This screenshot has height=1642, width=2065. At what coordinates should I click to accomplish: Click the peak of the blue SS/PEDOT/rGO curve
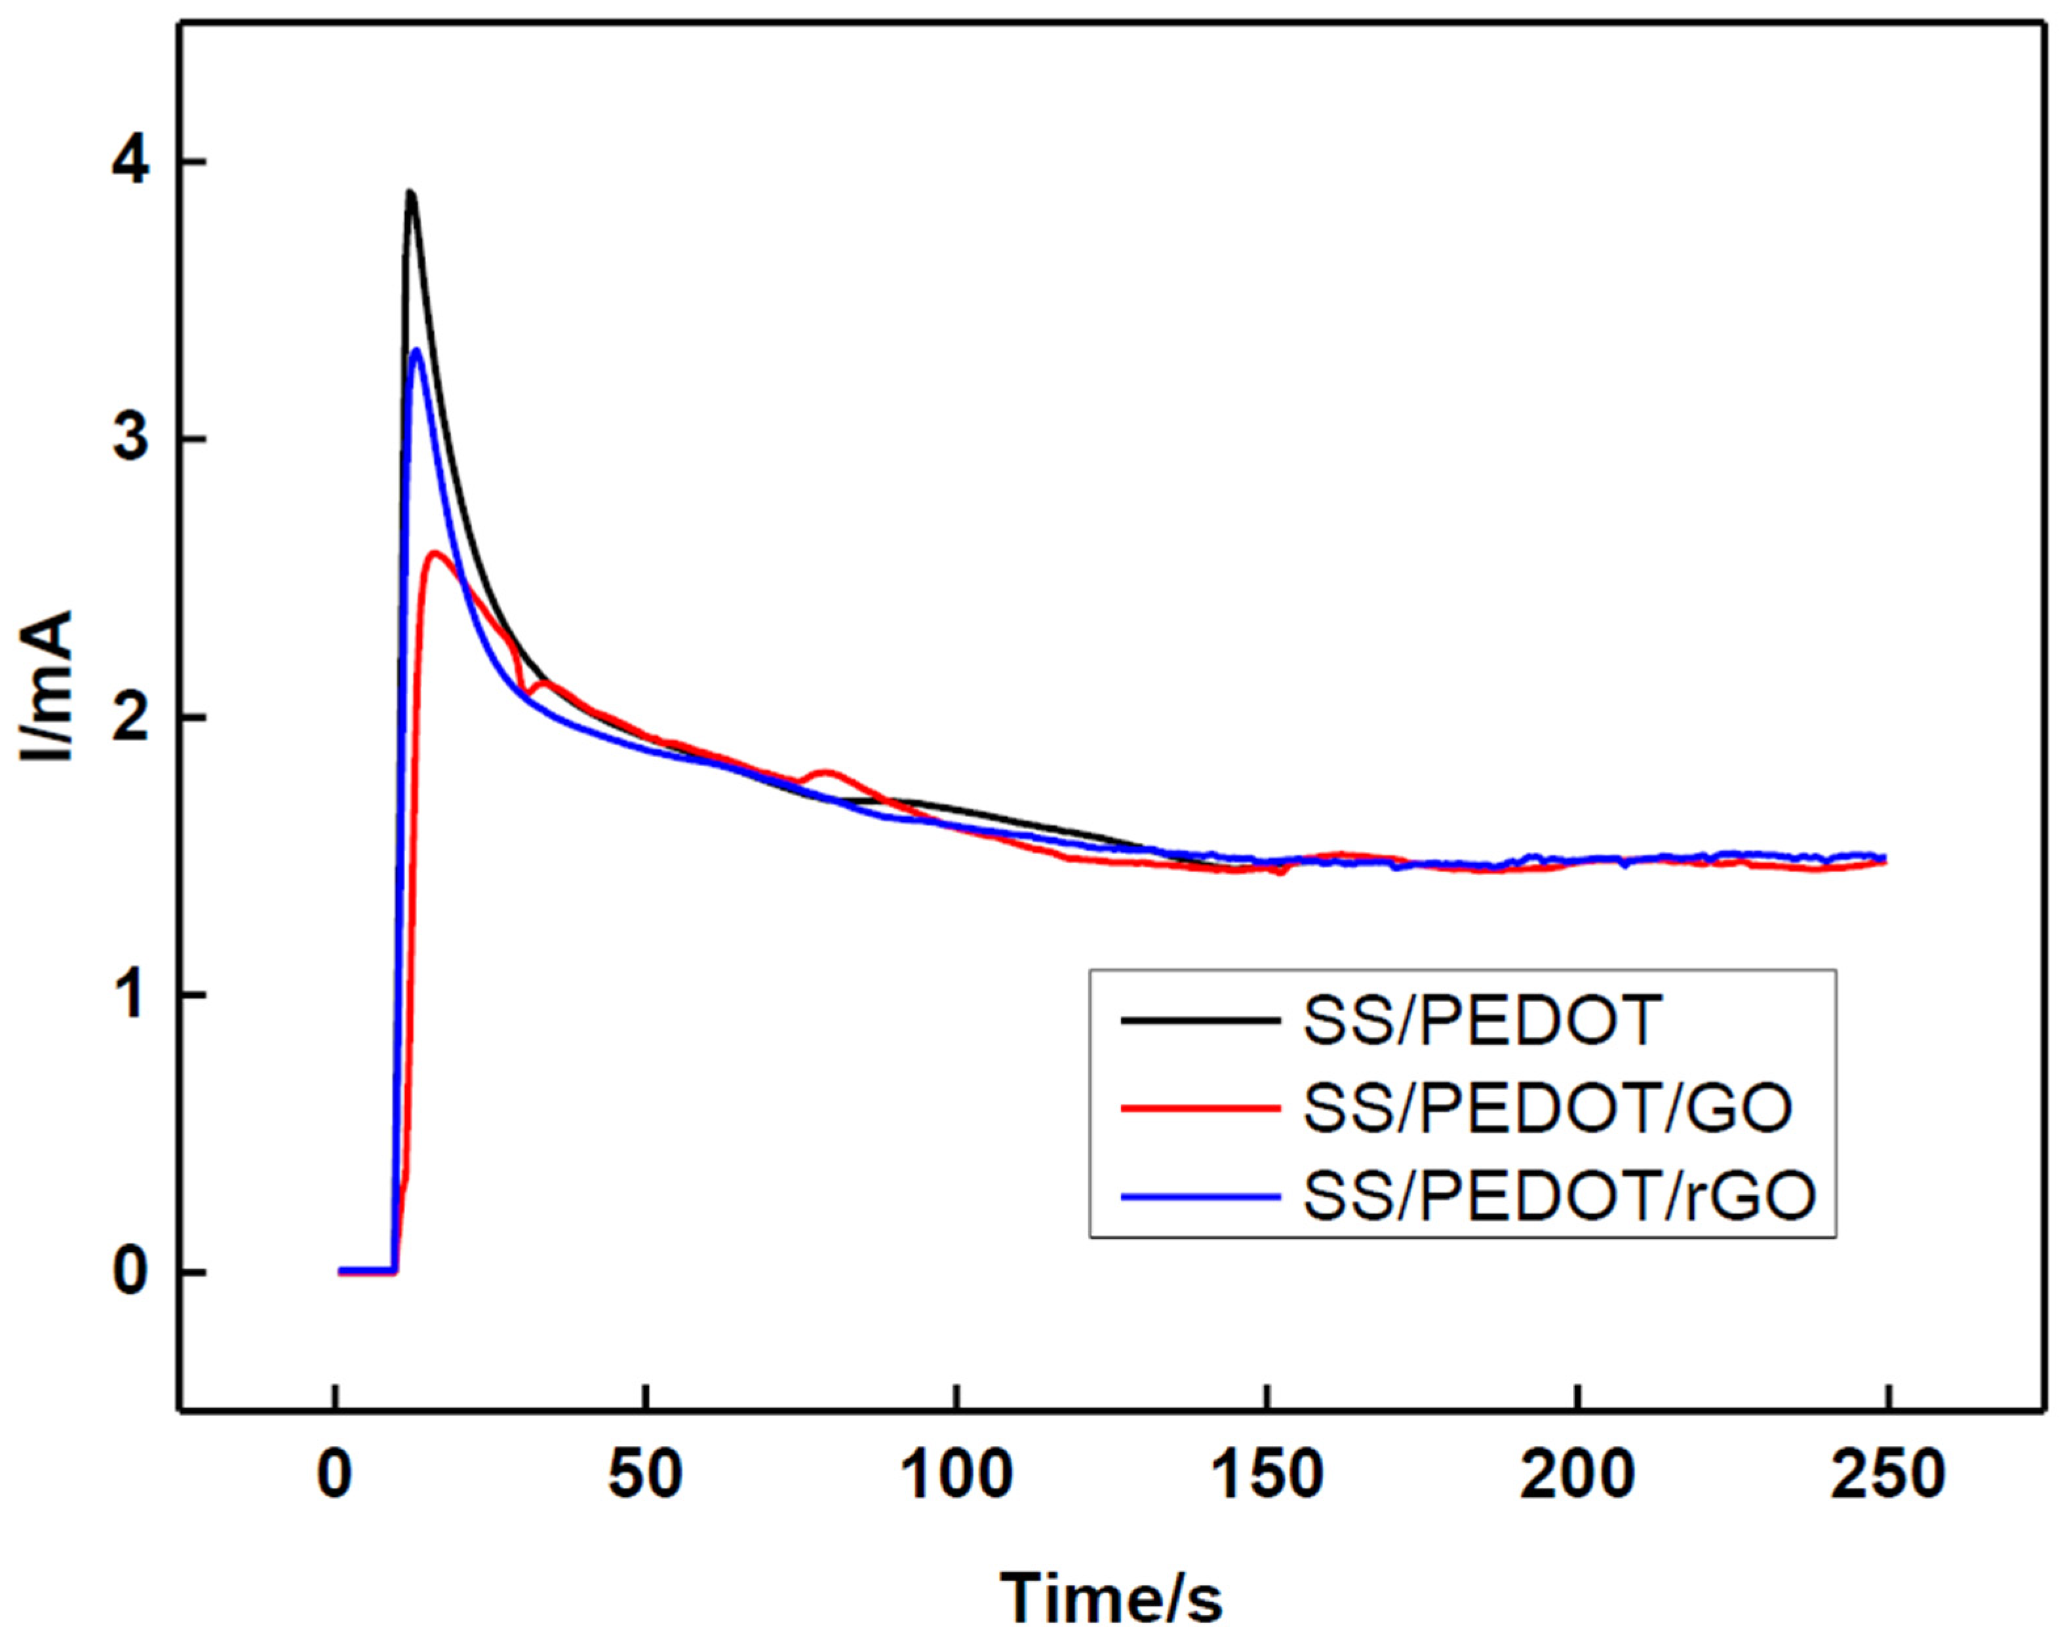click(416, 351)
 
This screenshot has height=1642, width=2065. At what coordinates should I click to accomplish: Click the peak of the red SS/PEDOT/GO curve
click(437, 554)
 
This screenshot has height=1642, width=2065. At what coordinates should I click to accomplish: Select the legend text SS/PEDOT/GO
click(1547, 1109)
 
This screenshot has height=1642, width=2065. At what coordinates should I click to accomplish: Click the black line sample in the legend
click(1200, 1021)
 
